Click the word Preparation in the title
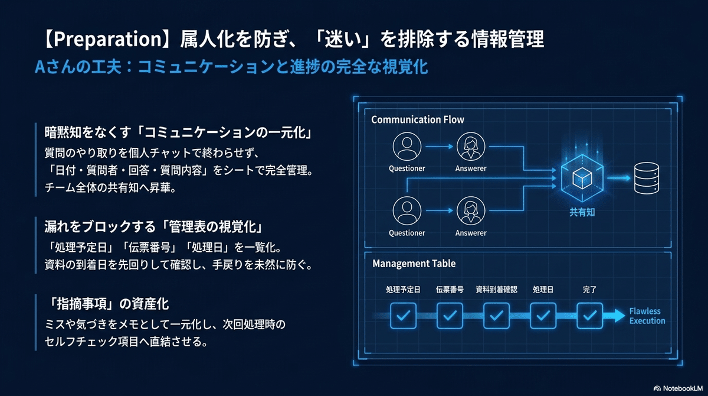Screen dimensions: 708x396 (107, 39)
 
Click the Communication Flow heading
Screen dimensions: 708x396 (418, 119)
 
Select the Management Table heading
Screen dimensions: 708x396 (414, 264)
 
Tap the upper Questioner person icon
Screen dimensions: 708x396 (407, 146)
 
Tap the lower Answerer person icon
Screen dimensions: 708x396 (471, 211)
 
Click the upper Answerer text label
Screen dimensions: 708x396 (471, 168)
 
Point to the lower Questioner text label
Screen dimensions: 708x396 (407, 233)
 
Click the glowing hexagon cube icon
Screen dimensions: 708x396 (582, 178)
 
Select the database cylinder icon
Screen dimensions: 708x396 (647, 178)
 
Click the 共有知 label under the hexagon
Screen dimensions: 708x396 (582, 212)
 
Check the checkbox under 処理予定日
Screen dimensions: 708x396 (403, 316)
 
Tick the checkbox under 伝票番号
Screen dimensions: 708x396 (450, 316)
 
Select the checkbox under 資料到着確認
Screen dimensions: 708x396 (497, 316)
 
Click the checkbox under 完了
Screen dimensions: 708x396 (590, 316)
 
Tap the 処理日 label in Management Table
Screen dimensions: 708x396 (543, 290)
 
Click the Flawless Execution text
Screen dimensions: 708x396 (647, 316)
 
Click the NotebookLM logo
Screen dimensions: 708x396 (678, 388)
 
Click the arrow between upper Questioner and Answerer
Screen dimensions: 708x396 (440, 146)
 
